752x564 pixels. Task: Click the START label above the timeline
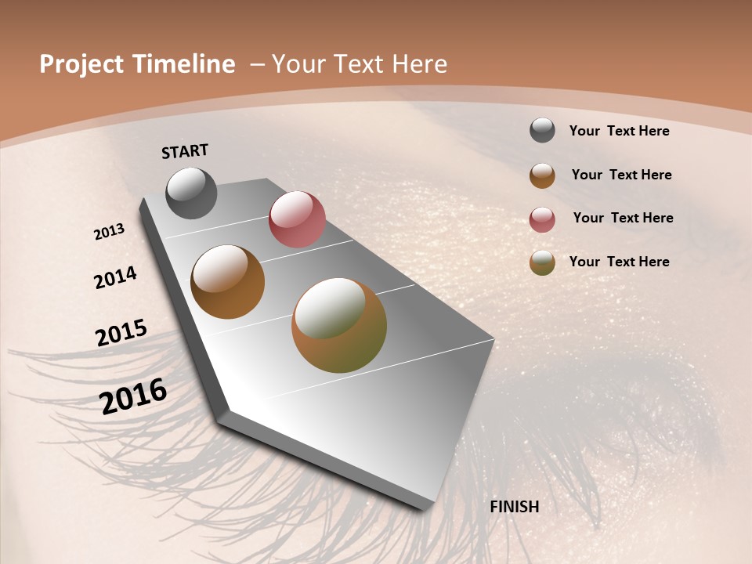coord(185,151)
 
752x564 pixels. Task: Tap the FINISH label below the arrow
coord(514,507)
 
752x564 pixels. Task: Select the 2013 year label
coord(110,232)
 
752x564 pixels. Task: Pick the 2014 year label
coord(115,277)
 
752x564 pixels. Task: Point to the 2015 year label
coord(121,333)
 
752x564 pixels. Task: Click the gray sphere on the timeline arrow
coord(191,193)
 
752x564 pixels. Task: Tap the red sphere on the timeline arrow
coord(297,219)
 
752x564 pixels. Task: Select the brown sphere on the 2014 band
coord(227,282)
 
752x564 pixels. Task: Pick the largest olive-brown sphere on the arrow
coord(339,325)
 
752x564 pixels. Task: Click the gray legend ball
coord(542,131)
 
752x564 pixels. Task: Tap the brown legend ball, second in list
coord(542,175)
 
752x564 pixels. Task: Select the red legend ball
coord(542,219)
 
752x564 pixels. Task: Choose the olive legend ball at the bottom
coord(542,262)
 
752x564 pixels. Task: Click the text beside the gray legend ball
coord(619,132)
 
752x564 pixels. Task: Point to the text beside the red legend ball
coord(623,218)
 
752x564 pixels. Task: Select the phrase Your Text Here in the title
coord(360,64)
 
